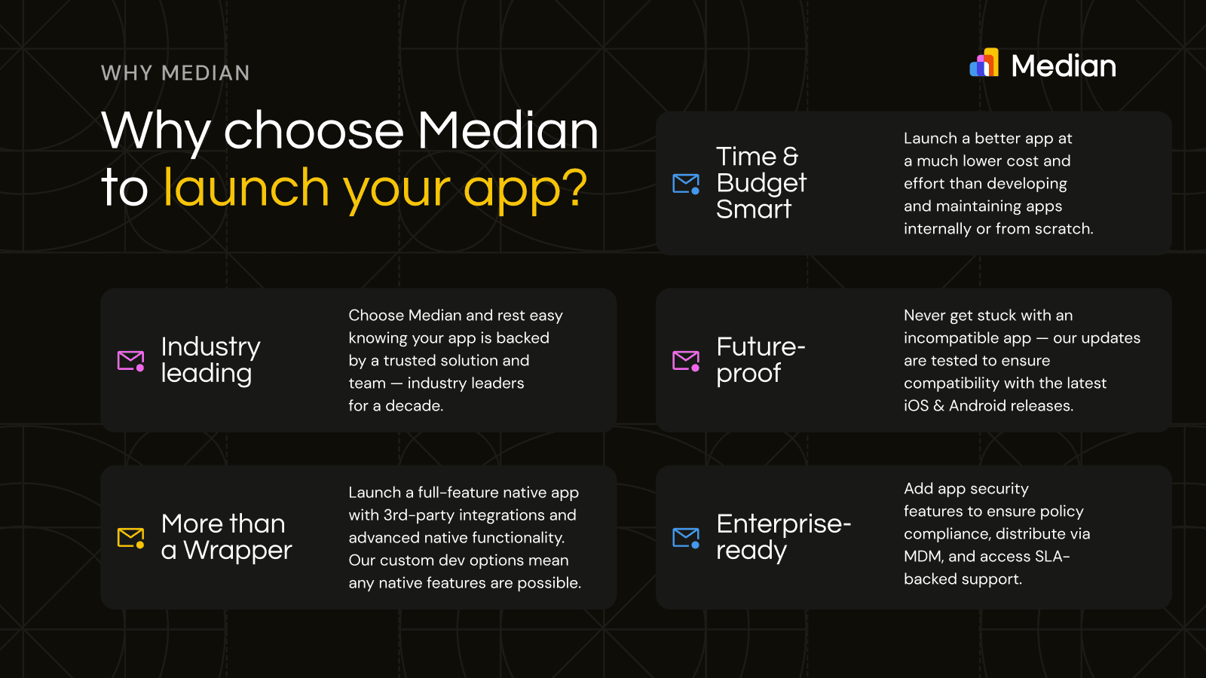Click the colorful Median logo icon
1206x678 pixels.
[984, 63]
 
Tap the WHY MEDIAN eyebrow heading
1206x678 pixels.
[176, 73]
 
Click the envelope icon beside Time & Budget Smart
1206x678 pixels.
[686, 184]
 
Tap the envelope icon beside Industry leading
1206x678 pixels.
[131, 361]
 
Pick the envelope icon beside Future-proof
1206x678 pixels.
[686, 361]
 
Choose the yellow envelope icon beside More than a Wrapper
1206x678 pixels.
[131, 538]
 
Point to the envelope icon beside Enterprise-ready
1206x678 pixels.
[686, 538]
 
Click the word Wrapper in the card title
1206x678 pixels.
[237, 551]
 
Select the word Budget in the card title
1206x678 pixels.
[761, 183]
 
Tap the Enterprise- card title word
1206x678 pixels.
[783, 524]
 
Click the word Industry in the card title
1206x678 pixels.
[210, 347]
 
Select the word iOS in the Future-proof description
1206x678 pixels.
[917, 406]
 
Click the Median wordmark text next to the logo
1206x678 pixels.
[1064, 66]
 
